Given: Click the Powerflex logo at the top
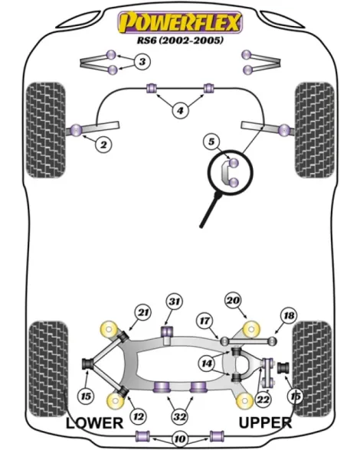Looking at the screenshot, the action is coord(180,22).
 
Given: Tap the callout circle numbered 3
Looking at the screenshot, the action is coord(142,61).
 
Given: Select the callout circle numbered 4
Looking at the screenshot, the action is coord(180,110).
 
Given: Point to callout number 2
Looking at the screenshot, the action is coord(103,145).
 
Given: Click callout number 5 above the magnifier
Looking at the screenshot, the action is coord(211,142).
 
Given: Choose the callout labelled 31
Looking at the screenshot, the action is coord(175,302).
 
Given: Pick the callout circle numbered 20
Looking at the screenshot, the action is coord(233,300).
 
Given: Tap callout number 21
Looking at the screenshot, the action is coord(143,312).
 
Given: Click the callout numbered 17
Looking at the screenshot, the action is coord(205,321).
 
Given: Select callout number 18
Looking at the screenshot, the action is coord(289,315).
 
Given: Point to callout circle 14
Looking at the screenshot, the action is coord(206,364).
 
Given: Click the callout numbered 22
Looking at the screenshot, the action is coord(263,399).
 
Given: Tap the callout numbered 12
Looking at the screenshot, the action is coord(139,416).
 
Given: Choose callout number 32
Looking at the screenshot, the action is coord(179,416).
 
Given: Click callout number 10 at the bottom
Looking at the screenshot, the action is coord(179,439).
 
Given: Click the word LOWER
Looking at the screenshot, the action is coord(94,423).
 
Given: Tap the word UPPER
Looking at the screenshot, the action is coord(265,422).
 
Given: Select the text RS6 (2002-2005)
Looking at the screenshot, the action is coord(180,40).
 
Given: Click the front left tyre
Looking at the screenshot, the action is coord(46,130).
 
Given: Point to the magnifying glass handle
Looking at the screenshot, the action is coord(211,210).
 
